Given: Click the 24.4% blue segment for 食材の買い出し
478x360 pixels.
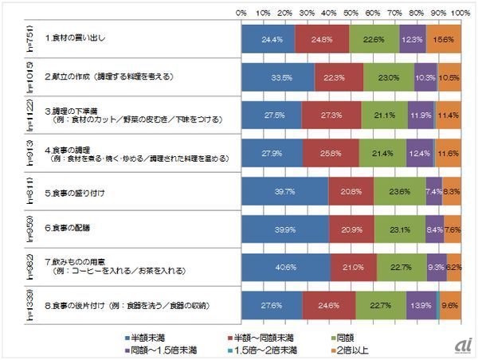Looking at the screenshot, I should (x=268, y=39).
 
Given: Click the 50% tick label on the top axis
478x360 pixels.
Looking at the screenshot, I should (x=350, y=14).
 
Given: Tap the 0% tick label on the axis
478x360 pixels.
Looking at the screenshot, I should (x=241, y=14).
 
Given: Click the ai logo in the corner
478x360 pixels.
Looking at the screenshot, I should (x=460, y=342).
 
